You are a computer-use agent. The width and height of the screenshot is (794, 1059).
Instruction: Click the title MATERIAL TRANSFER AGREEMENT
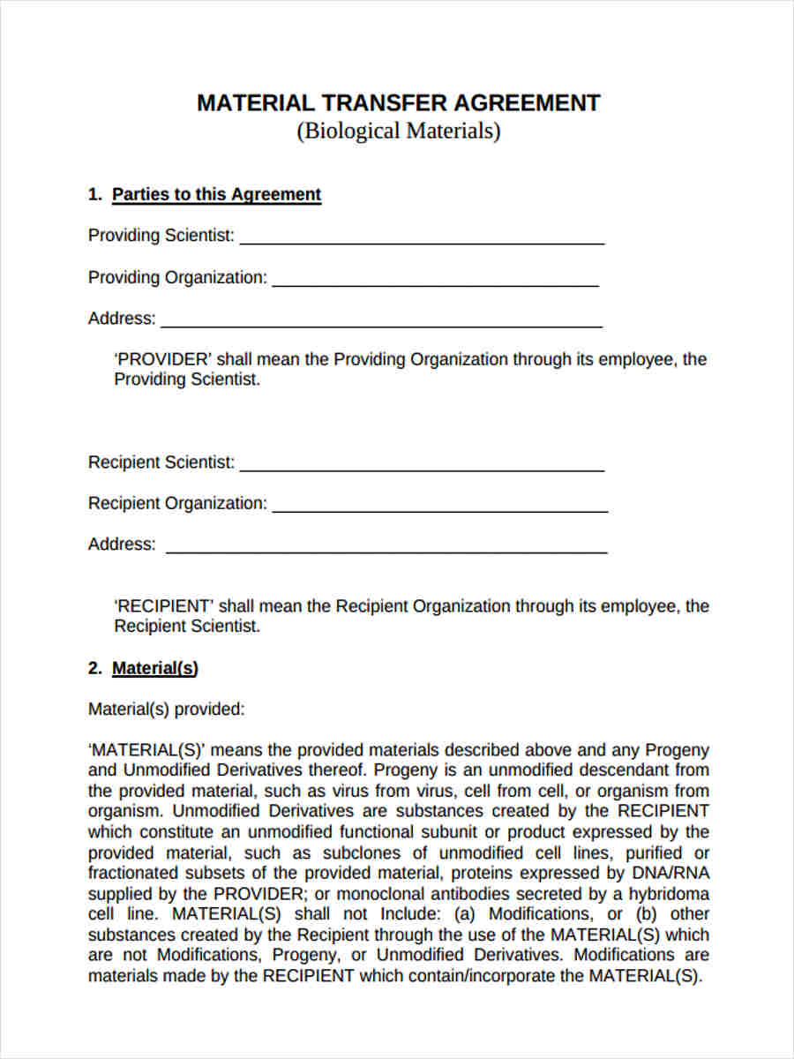click(x=398, y=103)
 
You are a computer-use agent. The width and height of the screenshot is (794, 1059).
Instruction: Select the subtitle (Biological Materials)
click(x=398, y=131)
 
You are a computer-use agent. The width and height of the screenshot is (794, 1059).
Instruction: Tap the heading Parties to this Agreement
click(x=216, y=195)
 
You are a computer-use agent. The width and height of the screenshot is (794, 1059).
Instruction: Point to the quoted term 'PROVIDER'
click(x=163, y=360)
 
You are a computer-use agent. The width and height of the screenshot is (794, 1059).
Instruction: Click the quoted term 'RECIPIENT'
click(x=164, y=607)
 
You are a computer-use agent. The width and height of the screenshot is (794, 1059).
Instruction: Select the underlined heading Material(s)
click(x=154, y=669)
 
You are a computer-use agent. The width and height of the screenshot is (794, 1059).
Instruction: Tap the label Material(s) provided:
click(x=166, y=710)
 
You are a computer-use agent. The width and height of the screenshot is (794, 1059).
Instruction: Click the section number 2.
click(x=94, y=669)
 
